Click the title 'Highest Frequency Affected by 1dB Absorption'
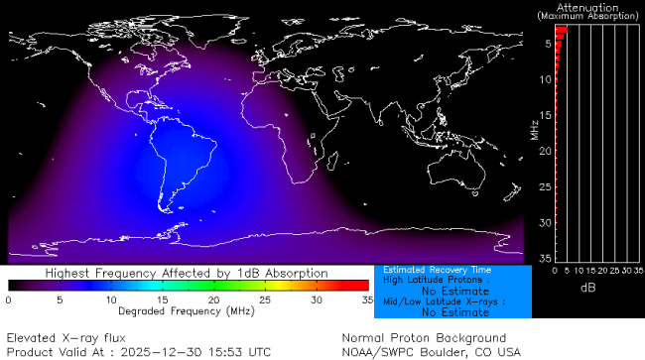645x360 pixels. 187,272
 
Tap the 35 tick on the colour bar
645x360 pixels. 366,299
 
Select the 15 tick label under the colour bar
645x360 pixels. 162,299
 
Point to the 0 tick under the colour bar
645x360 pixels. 9,299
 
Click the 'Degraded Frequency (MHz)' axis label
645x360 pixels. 188,311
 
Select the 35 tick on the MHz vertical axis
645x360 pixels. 545,258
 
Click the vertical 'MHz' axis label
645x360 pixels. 534,129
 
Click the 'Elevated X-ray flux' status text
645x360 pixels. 65,338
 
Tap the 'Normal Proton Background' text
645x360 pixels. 424,338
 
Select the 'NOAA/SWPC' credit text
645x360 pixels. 376,352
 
